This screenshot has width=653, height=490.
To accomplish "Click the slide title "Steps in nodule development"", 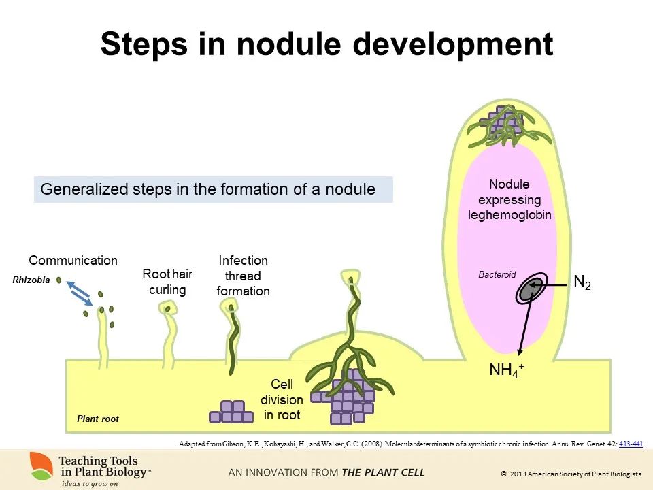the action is pos(326,44).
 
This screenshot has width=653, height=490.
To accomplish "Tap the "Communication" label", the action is pos(73,261).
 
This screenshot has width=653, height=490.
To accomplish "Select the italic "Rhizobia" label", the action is pos(31,280).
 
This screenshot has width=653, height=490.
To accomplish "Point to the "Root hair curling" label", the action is pos(167,282).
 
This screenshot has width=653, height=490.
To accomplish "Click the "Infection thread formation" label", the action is pos(243,276).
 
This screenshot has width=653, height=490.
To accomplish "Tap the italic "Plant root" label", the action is pos(98,419).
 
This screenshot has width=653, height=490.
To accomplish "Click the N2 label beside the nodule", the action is pos(582,282).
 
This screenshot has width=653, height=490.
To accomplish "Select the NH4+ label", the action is pos(507,370).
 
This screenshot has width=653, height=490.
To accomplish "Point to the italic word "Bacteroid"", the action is pos(497,275).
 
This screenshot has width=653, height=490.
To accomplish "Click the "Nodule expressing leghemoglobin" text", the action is pos(509,199).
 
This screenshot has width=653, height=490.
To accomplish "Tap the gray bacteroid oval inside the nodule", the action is pos(527,290).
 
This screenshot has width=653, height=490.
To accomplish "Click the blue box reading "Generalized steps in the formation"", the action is pos(213,189).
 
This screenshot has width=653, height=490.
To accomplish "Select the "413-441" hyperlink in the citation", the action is pos(631,444).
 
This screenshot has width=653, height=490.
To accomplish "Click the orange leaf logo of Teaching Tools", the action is pos(42,465).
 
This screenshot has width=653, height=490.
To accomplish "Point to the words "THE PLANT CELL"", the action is pos(384,472).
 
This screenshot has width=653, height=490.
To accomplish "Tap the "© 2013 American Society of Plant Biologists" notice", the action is pos(571,473).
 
